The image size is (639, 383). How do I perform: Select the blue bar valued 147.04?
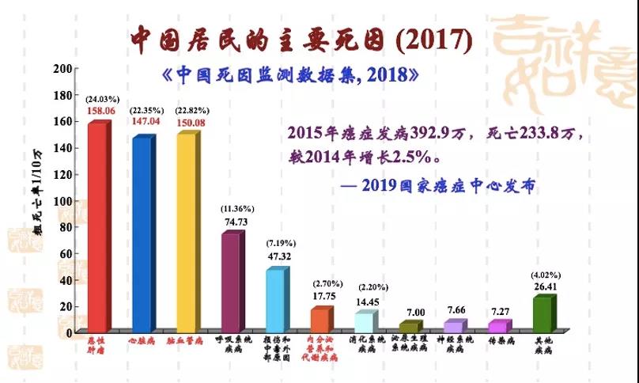pyautogui.click(x=142, y=233)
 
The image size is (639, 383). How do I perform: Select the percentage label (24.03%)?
pyautogui.click(x=103, y=100)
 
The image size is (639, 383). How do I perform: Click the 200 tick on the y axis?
pyautogui.click(x=62, y=68)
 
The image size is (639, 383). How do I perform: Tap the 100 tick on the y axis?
pyautogui.click(x=62, y=200)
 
